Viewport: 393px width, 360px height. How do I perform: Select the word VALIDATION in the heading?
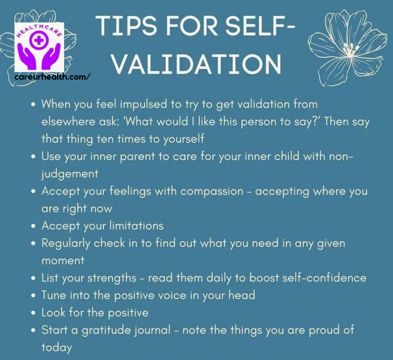click(x=196, y=64)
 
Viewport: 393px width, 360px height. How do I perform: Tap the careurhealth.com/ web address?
click(x=52, y=77)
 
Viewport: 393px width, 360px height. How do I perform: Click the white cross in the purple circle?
click(x=38, y=40)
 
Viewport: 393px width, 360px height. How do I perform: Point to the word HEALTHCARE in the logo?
click(x=39, y=30)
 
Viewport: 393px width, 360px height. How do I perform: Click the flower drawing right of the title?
click(x=347, y=48)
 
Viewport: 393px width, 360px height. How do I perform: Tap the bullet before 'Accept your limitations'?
click(x=33, y=226)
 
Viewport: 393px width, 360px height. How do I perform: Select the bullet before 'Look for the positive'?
click(x=33, y=313)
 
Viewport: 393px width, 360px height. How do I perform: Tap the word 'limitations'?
click(x=136, y=226)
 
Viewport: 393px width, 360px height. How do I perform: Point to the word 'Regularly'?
click(x=65, y=244)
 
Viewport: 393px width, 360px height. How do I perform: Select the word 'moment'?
click(x=63, y=261)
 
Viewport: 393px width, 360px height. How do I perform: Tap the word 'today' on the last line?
click(x=57, y=348)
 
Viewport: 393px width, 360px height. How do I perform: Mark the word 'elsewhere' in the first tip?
click(x=68, y=122)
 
